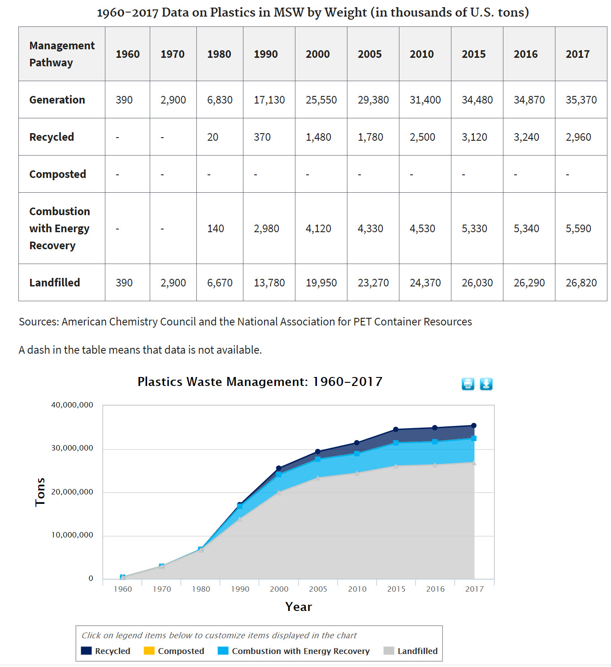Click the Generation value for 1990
[x=269, y=100]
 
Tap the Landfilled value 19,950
[x=321, y=283]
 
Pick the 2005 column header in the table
[x=369, y=54]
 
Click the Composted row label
[x=57, y=174]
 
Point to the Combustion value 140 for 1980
[x=216, y=229]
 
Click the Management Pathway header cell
[x=62, y=54]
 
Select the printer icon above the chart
[x=468, y=384]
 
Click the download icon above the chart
[x=486, y=384]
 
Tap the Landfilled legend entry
[x=417, y=651]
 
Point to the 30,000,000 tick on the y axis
[x=72, y=448]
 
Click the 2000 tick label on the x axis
[x=279, y=589]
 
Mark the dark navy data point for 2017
[x=474, y=426]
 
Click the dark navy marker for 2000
[x=279, y=468]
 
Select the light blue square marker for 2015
[x=396, y=443]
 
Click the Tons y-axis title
[x=40, y=492]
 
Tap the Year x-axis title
[x=299, y=607]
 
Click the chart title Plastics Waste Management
[x=260, y=382]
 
